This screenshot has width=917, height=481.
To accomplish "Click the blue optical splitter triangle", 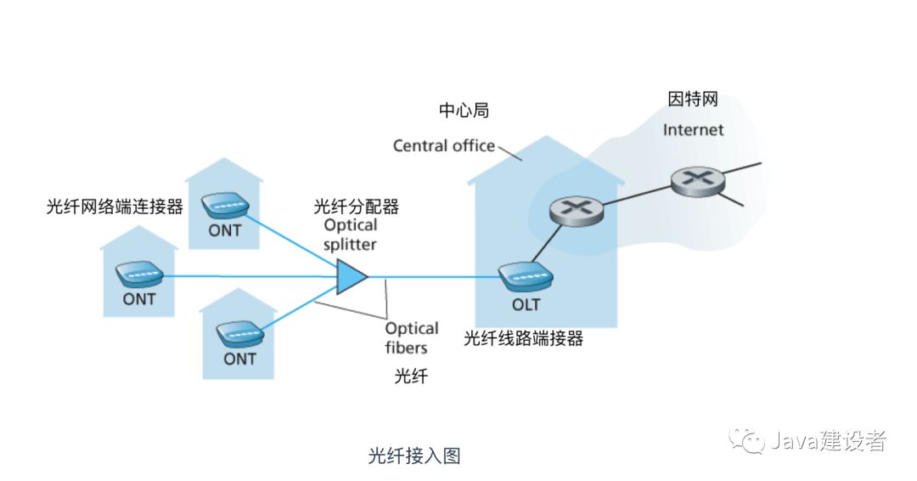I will tap(351, 276).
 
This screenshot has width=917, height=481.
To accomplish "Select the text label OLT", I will tap(526, 304).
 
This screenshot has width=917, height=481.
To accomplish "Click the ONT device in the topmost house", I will tap(225, 205).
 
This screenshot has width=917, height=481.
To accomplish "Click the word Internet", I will tap(693, 130).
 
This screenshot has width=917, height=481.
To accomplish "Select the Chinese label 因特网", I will tap(693, 99).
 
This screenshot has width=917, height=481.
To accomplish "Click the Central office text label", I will tap(443, 146).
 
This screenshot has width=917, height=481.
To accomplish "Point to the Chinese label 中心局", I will tap(464, 110).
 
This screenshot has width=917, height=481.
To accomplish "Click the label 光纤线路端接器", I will tap(524, 338).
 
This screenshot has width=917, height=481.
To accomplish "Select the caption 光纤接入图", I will tap(414, 456).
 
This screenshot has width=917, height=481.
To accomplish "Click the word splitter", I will tap(350, 244).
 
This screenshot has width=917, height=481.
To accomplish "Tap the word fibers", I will tap(406, 348).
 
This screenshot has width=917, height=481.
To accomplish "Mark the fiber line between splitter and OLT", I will tap(433, 276).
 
